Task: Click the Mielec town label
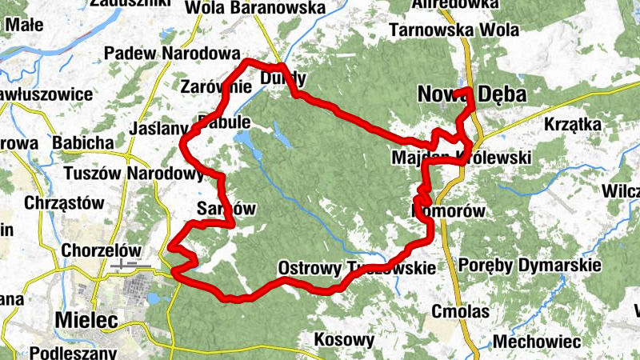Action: tap(86, 320)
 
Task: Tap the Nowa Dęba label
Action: tap(472, 95)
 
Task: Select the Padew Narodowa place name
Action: tap(166, 53)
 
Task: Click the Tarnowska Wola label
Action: tap(453, 30)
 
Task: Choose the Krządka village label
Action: tap(572, 124)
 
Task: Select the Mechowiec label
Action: tap(536, 342)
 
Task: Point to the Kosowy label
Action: tap(344, 339)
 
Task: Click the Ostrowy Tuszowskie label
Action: tap(357, 267)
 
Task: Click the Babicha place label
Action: tap(82, 142)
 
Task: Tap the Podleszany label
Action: tap(72, 352)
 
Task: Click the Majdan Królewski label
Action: tap(462, 158)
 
